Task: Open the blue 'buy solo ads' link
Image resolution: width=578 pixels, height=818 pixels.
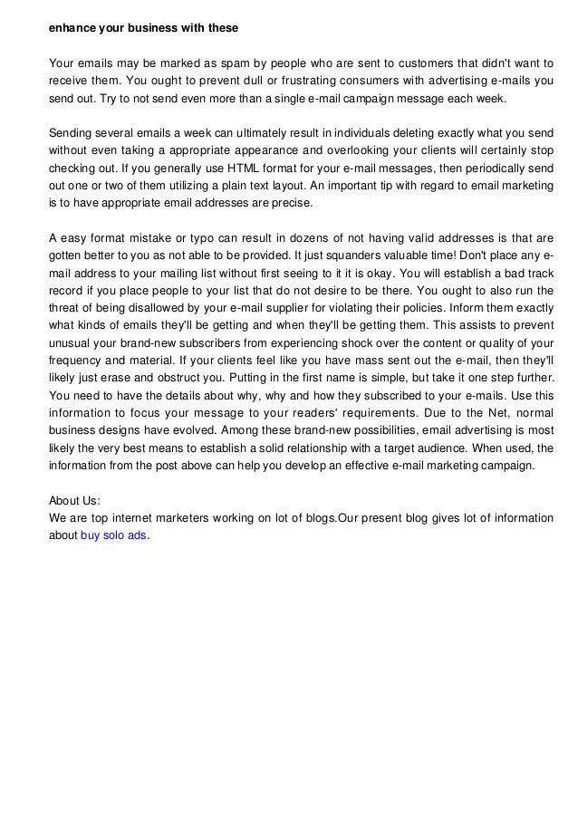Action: pyautogui.click(x=120, y=536)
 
